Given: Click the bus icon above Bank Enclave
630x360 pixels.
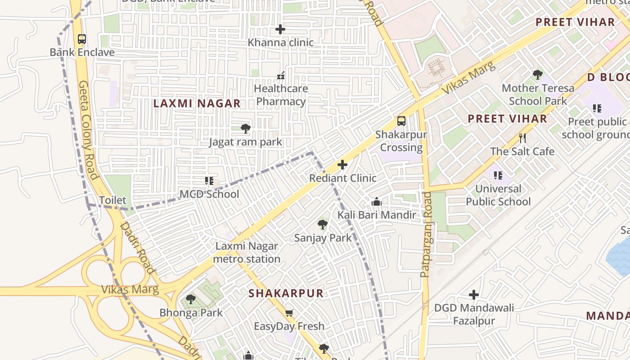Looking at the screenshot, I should click(x=81, y=39).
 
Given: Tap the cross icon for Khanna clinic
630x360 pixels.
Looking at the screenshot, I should click(x=280, y=30).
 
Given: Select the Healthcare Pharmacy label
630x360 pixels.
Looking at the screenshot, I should click(x=281, y=95).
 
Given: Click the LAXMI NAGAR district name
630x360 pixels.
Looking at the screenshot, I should click(x=197, y=103).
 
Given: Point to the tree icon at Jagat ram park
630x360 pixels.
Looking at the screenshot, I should click(x=246, y=129).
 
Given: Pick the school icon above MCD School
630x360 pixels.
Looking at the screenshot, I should click(x=209, y=181).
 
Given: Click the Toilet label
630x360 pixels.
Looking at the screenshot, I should click(x=112, y=200).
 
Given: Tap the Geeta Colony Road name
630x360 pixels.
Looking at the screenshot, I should click(x=88, y=130).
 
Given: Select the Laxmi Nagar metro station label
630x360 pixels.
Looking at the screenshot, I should click(x=247, y=252).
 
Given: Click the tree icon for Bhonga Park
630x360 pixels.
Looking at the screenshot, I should click(x=191, y=299).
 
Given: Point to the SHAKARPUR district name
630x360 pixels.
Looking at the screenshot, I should click(x=286, y=293).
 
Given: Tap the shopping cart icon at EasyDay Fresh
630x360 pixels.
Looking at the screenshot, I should click(x=289, y=313).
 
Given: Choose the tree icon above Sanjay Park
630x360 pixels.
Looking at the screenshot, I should click(x=323, y=224).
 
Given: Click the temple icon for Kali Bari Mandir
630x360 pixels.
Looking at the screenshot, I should click(x=377, y=202).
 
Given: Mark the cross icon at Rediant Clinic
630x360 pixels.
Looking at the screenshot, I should click(x=342, y=165).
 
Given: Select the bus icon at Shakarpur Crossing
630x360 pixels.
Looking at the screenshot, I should click(x=401, y=121).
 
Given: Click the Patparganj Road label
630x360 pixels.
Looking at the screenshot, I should click(x=426, y=234).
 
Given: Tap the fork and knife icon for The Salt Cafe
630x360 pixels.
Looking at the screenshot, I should click(x=522, y=138).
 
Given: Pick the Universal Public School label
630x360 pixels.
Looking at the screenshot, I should click(x=498, y=195).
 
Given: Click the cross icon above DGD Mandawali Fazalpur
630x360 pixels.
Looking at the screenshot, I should click(x=473, y=295).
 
